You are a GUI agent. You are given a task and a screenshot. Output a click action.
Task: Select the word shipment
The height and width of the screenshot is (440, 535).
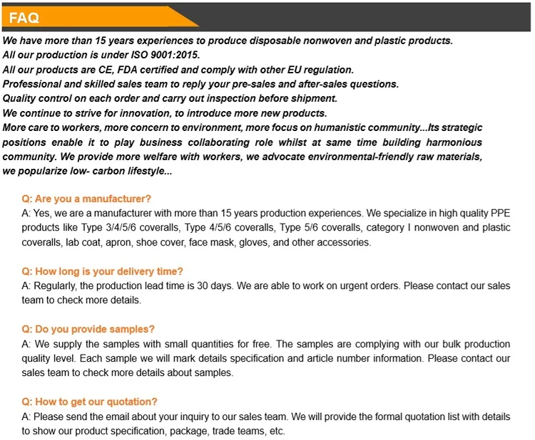point(312,98)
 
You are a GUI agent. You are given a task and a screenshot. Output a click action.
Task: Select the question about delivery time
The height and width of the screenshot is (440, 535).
point(102,271)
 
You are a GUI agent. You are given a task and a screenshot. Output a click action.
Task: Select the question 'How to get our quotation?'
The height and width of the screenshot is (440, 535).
point(89,402)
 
